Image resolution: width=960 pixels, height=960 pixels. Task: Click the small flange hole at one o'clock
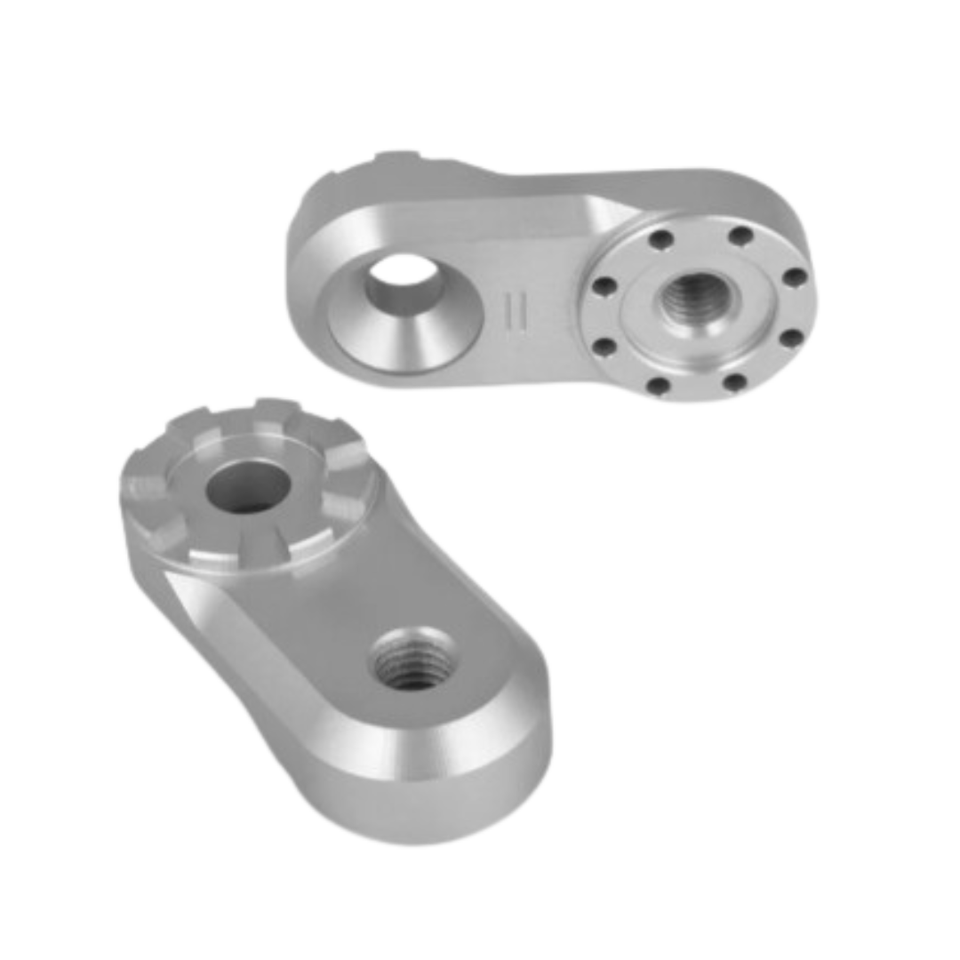[737, 237]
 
